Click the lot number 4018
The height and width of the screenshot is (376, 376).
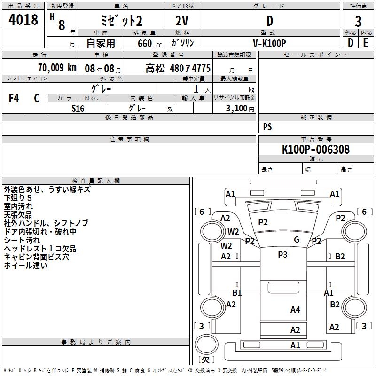pos(23,19)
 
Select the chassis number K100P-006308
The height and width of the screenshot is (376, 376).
pos(316,149)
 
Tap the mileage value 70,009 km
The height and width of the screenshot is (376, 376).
pos(57,67)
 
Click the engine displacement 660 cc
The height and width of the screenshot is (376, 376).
pos(149,44)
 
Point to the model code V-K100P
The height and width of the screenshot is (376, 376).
pos(269,43)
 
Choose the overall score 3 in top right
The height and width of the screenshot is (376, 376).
pos(358,22)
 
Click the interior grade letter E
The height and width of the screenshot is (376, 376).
pos(366,43)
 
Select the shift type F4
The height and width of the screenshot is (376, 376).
pos(14,98)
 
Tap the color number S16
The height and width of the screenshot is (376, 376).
pos(78,109)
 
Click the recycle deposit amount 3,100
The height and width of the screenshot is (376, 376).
pos(236,109)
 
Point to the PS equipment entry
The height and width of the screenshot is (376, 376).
pos(267,126)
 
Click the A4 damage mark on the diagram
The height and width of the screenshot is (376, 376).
pos(295,310)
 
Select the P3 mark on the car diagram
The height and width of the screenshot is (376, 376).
pos(283,254)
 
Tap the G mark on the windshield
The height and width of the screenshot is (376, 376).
pos(297,239)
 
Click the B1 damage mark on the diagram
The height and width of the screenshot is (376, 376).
pos(237,292)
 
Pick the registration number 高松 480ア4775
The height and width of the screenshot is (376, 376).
pos(178,68)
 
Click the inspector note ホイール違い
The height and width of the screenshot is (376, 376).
pos(26,266)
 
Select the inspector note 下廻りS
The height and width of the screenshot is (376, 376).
pos(18,197)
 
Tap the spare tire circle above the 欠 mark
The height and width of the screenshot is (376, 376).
pos(206,345)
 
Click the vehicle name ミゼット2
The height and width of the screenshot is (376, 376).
pos(122,21)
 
